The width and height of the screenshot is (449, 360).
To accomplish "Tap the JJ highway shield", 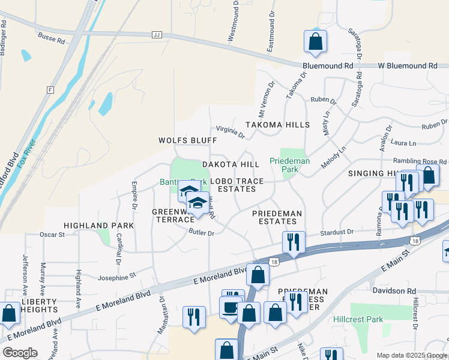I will click(158, 35).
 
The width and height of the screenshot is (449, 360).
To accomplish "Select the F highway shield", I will click(50, 89).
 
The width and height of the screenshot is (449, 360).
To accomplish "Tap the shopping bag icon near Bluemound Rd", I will click(315, 42).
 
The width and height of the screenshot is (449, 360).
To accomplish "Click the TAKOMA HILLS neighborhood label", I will click(277, 125).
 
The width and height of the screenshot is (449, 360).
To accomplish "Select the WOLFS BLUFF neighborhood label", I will click(187, 140).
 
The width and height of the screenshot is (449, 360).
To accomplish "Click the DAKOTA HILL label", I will click(231, 164).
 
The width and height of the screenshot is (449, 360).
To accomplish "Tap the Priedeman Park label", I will click(289, 165).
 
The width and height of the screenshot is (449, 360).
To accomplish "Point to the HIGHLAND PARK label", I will click(99, 225).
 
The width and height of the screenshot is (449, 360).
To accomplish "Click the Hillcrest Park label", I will click(358, 319).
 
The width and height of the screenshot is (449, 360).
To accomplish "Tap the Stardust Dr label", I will click(336, 232).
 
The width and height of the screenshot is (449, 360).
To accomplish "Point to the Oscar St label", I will click(52, 234).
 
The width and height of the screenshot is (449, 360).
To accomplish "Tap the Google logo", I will click(20, 353).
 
